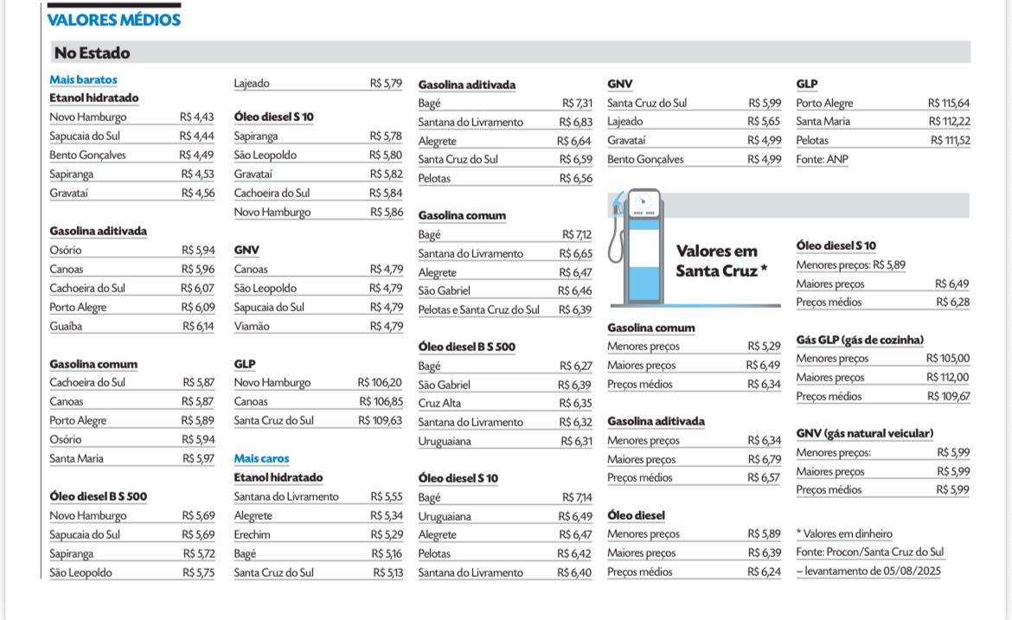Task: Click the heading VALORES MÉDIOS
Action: point(113,20)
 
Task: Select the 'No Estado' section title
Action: point(92,54)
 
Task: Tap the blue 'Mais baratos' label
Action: point(83,80)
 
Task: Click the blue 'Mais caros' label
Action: point(261,458)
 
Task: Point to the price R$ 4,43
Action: point(197,118)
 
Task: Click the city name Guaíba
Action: point(66,326)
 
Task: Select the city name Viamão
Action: point(252,326)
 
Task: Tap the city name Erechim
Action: point(252,534)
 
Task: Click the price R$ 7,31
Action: point(577,104)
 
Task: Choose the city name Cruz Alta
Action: point(439,403)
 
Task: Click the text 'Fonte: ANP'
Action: point(823,159)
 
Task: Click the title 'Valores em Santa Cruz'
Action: point(721,261)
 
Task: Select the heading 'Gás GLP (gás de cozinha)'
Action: point(860,340)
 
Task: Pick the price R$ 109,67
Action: point(949,396)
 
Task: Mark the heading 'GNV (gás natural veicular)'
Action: point(865,433)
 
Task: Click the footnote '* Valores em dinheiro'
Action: point(843,534)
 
